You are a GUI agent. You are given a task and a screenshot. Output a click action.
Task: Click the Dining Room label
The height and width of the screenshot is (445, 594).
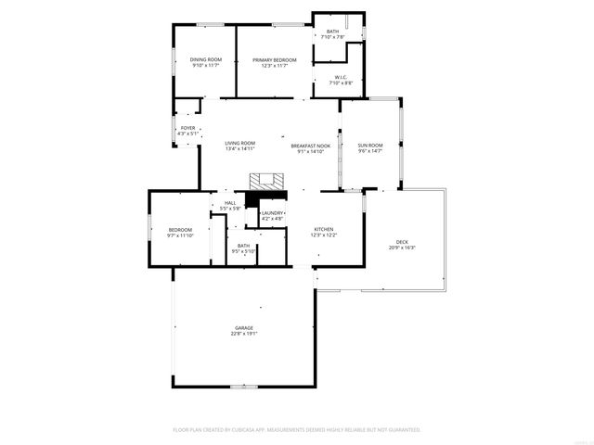tap(206, 59)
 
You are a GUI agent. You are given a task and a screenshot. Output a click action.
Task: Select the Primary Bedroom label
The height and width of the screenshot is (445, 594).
tap(275, 59)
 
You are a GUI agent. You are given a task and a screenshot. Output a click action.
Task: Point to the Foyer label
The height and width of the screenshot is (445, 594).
tap(187, 128)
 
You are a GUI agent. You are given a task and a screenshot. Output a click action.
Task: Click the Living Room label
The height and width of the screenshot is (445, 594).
tap(239, 143)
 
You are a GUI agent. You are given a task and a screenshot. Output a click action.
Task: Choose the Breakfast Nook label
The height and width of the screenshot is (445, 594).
tap(310, 146)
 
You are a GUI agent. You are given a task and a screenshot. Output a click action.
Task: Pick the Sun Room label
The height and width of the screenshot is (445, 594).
tap(370, 146)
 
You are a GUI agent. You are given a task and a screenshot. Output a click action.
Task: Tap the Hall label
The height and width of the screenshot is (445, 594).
tap(229, 203)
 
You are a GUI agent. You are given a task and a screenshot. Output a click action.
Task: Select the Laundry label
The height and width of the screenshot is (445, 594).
tap(272, 213)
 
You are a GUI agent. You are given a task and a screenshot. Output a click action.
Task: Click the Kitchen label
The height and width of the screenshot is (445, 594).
tap(323, 229)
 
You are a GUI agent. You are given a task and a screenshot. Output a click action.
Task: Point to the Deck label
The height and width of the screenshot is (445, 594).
tap(402, 241)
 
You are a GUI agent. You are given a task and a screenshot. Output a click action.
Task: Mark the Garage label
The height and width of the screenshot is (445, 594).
tap(244, 328)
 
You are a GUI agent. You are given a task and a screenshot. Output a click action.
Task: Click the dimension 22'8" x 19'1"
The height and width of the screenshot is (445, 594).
tap(244, 334)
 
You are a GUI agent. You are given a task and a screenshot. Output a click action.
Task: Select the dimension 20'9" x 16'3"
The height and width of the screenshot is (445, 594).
tap(402, 248)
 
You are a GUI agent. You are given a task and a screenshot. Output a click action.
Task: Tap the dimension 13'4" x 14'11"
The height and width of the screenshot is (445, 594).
tap(239, 148)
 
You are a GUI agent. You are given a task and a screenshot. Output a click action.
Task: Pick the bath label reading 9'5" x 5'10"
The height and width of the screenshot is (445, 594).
tap(243, 251)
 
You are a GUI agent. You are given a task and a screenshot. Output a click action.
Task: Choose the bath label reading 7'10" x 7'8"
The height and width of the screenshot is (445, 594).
tap(332, 37)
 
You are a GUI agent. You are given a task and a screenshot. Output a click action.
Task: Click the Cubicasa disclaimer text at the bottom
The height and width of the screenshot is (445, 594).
tap(297, 430)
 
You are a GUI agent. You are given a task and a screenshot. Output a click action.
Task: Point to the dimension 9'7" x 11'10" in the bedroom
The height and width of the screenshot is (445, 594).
tap(180, 235)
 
